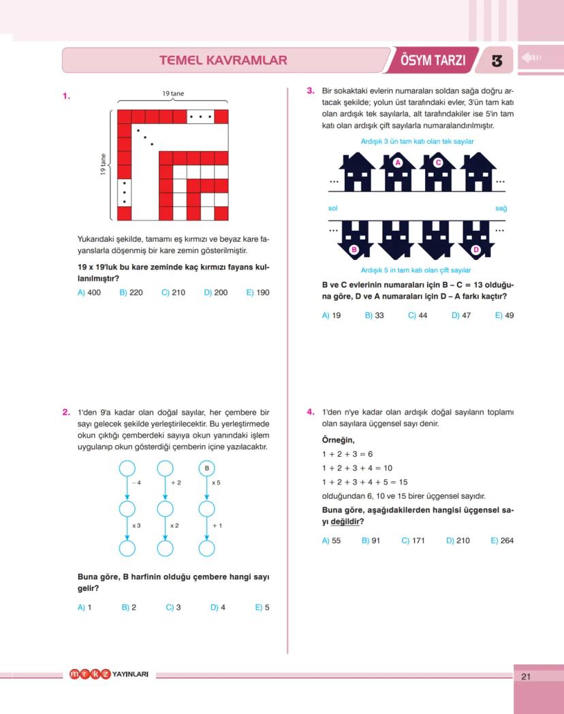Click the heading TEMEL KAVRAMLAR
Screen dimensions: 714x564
tap(223, 60)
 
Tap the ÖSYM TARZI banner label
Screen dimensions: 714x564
tap(433, 60)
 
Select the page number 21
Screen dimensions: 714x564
tap(525, 676)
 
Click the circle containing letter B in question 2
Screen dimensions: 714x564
tap(206, 468)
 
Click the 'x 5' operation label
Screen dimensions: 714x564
tap(216, 482)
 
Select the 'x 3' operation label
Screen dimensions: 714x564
tap(136, 525)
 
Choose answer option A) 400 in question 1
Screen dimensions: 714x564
tap(89, 293)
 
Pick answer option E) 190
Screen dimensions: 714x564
tap(257, 293)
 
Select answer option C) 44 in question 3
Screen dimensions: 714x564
tap(418, 316)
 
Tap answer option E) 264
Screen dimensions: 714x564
tap(502, 541)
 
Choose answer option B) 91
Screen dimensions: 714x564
tap(371, 541)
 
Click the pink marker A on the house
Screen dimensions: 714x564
tap(398, 163)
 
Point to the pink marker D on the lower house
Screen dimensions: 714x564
tap(476, 250)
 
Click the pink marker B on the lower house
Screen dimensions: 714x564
tap(354, 250)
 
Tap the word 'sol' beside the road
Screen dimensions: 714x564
tap(333, 208)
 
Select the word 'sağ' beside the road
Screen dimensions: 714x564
tap(501, 208)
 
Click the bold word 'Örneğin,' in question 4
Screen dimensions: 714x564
tap(338, 440)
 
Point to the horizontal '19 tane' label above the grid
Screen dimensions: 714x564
tap(173, 93)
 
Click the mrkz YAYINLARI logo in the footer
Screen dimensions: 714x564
tap(109, 675)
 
